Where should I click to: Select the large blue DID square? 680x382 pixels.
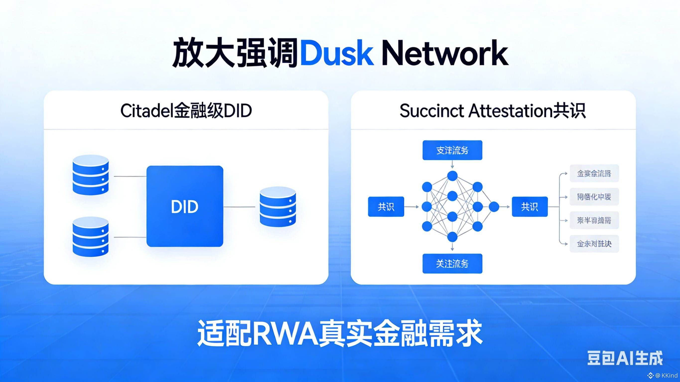[x=185, y=206]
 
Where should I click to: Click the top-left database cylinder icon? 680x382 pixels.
[x=91, y=175]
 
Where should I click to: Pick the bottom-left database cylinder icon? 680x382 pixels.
[x=91, y=237]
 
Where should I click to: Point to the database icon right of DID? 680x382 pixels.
[x=278, y=206]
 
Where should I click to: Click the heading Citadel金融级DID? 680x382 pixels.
[x=186, y=111]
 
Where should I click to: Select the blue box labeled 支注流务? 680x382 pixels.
[x=452, y=150]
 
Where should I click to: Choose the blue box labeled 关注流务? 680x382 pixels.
[x=452, y=264]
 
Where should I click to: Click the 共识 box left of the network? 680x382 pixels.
[x=386, y=207]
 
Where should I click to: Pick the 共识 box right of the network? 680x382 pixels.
[x=530, y=207]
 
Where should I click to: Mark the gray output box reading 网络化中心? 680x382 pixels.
[x=594, y=197]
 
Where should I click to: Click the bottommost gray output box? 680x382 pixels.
[x=594, y=243]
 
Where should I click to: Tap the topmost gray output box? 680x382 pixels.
[x=594, y=173]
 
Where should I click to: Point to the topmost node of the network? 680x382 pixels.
[x=452, y=176]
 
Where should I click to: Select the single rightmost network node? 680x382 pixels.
[x=494, y=207]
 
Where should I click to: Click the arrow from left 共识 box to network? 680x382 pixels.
[x=411, y=207]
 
